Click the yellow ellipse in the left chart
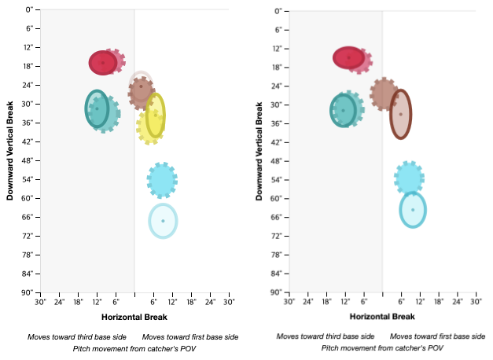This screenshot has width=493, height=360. pos(155,115)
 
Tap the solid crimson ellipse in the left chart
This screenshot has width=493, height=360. pos(102,62)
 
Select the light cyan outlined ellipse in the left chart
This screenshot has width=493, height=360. pos(163,220)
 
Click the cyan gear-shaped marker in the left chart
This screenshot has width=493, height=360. pos(161,180)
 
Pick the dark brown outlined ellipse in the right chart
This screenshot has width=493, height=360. pos(400,114)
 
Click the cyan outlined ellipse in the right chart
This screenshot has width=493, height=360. pos(413,210)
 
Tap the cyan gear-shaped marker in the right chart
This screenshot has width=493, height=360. pos(409,178)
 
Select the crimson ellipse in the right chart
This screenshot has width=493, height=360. pos(348,57)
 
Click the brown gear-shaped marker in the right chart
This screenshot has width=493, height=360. pos(384,94)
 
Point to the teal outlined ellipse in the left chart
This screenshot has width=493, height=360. pos(97,108)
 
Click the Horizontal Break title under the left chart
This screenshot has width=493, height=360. pos(134,316)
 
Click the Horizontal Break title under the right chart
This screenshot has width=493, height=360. pos(382,316)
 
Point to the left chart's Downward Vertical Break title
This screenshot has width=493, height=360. pos(11,149)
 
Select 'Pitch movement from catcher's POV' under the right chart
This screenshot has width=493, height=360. pos(382,347)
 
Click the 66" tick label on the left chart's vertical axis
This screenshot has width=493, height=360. pos(28,217)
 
